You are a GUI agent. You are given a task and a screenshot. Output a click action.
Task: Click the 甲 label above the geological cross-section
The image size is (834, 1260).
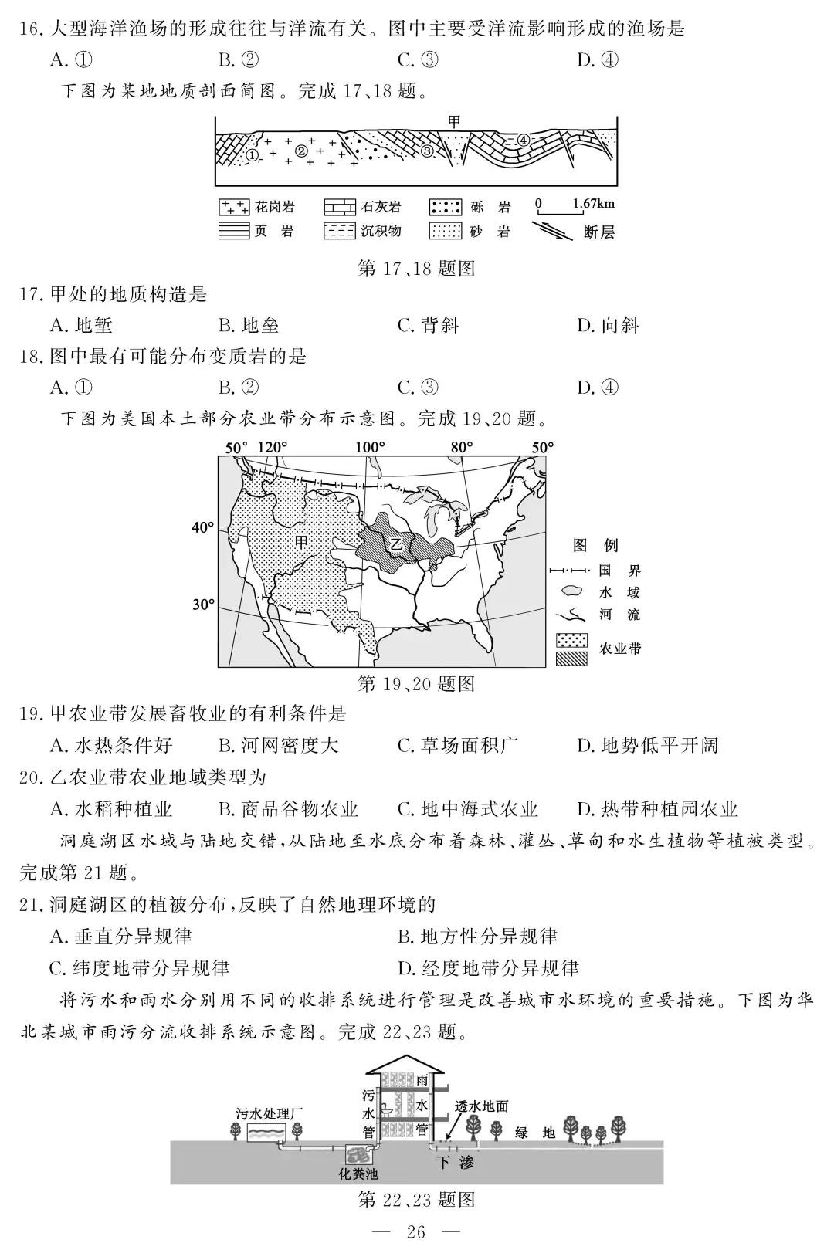(454, 121)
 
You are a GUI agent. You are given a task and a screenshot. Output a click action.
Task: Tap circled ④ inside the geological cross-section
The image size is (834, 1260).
(523, 141)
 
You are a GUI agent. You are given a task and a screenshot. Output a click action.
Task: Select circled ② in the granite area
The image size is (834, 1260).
(301, 151)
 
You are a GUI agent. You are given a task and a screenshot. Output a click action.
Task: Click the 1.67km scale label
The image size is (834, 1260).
(593, 204)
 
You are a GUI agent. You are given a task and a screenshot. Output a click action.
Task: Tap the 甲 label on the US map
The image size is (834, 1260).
(301, 541)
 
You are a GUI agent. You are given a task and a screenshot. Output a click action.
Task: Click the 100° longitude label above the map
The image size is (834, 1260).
(370, 447)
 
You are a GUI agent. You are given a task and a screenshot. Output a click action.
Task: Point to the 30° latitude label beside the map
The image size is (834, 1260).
(203, 605)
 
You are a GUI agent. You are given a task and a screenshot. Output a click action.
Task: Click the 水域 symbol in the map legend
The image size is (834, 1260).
(571, 592)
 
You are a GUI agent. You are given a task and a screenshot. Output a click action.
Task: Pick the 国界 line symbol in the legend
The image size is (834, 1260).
(571, 571)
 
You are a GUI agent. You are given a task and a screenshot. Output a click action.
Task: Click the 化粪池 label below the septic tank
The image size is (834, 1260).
(359, 1174)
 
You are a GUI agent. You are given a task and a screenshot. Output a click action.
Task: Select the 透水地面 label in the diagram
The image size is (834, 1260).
(482, 1106)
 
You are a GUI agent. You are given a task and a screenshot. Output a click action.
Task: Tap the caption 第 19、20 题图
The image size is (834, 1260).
(416, 683)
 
